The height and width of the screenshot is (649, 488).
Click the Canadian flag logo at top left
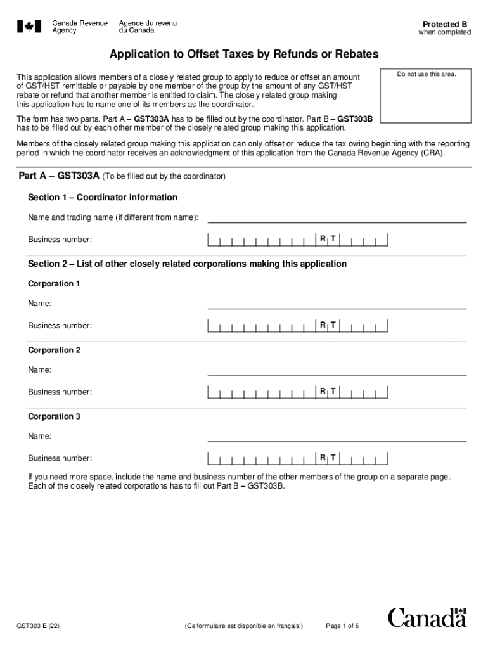29,27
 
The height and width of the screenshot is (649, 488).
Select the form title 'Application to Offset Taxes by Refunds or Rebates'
243,55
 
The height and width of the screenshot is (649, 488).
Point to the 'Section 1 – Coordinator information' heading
103,197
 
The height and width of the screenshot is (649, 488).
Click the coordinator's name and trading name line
337,217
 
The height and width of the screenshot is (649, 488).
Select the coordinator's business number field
297,240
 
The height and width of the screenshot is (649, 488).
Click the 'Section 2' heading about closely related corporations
187,264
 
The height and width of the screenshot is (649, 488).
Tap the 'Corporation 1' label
54,284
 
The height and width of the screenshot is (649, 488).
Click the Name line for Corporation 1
337,304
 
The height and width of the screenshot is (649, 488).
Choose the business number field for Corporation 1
297,326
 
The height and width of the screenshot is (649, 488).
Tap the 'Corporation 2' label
54,350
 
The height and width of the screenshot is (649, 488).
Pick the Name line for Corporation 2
337,369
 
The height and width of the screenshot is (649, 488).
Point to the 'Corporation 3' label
54,416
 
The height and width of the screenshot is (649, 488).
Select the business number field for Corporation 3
297,458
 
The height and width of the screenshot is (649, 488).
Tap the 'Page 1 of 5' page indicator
342,626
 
